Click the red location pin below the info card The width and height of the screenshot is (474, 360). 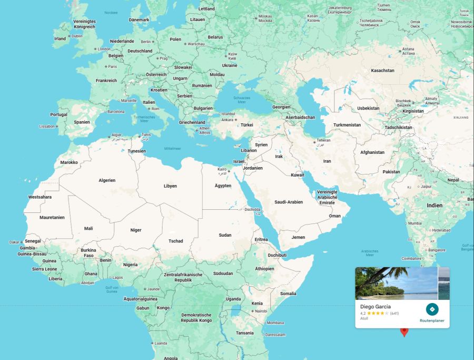(404, 332)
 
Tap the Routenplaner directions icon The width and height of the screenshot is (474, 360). (432, 309)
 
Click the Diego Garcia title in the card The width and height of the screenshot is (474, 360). (376, 306)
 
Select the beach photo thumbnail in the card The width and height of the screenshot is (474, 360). (396, 283)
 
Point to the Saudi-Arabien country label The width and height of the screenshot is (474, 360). (289, 202)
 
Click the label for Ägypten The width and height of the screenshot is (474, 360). (223, 186)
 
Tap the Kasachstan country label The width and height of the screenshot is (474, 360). (382, 70)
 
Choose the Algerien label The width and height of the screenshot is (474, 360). (107, 180)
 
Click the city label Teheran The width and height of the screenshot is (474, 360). (323, 141)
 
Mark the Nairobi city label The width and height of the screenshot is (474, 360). (261, 311)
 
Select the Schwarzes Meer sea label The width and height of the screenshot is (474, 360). (242, 100)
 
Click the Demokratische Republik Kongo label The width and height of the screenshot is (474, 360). (196, 317)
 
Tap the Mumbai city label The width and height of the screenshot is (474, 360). (414, 223)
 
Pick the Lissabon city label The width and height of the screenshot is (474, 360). (47, 127)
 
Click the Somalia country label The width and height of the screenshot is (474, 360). (288, 294)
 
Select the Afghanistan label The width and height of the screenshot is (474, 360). (372, 152)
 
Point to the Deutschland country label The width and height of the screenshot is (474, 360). (140, 51)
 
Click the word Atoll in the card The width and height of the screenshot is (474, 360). (364, 318)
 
